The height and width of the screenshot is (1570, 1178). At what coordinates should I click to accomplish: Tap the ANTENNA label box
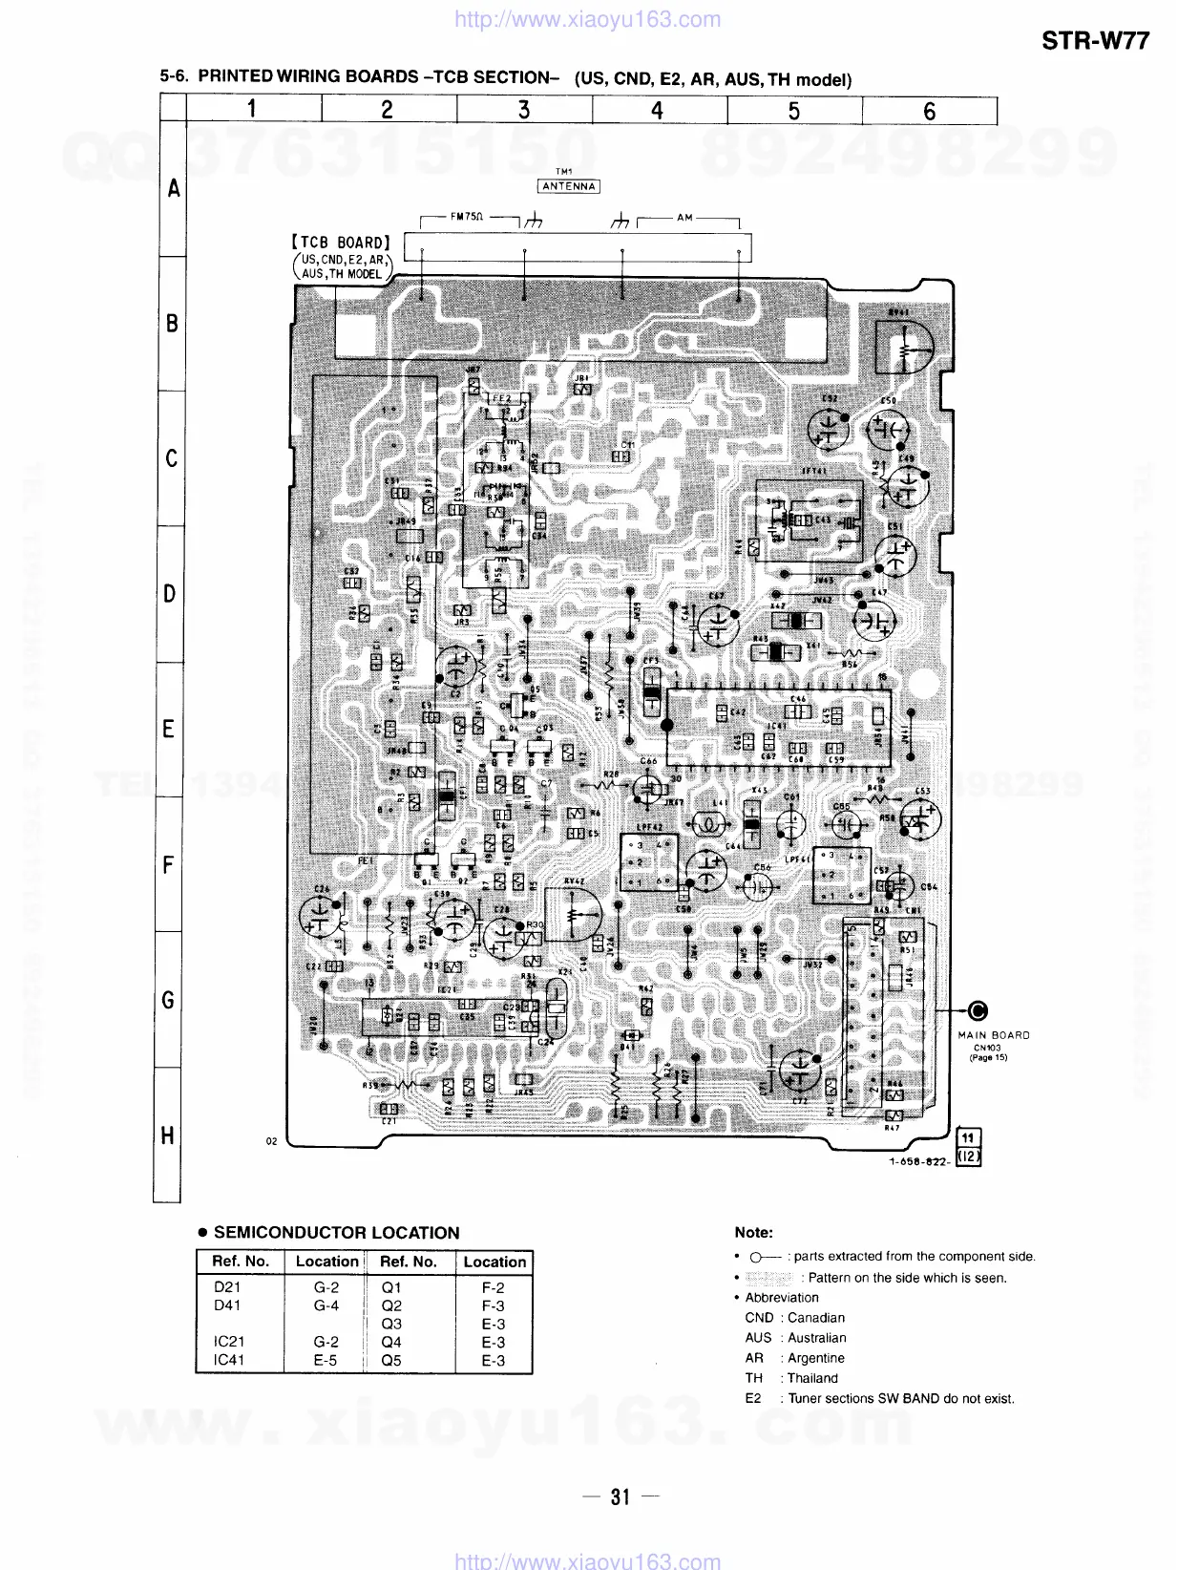pyautogui.click(x=568, y=186)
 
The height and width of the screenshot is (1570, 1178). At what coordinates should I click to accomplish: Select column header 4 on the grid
pyautogui.click(x=657, y=111)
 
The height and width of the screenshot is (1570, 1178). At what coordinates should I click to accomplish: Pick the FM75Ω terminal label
pyautogui.click(x=467, y=218)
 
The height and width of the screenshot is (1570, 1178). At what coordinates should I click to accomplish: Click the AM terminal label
pyautogui.click(x=684, y=218)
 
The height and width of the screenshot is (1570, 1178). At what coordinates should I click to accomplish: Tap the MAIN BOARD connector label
pyautogui.click(x=994, y=1035)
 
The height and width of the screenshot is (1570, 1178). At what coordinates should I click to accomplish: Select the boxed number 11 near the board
pyautogui.click(x=968, y=1137)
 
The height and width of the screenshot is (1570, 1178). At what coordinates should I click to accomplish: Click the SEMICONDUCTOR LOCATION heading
pyautogui.click(x=336, y=1233)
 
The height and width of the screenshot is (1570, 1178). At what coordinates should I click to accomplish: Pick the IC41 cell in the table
pyautogui.click(x=228, y=1360)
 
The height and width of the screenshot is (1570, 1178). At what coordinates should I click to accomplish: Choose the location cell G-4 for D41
pyautogui.click(x=326, y=1305)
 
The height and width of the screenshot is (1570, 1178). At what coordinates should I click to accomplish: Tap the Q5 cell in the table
pyautogui.click(x=391, y=1360)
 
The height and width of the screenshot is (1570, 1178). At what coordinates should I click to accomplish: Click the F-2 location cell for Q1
pyautogui.click(x=493, y=1287)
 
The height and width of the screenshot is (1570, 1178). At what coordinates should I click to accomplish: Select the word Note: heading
pyautogui.click(x=754, y=1233)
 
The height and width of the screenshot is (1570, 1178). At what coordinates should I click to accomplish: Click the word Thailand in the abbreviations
pyautogui.click(x=812, y=1378)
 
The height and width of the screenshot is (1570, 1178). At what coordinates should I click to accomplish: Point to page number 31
pyautogui.click(x=621, y=1496)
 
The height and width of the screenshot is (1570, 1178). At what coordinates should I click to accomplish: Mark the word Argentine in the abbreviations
pyautogui.click(x=815, y=1358)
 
